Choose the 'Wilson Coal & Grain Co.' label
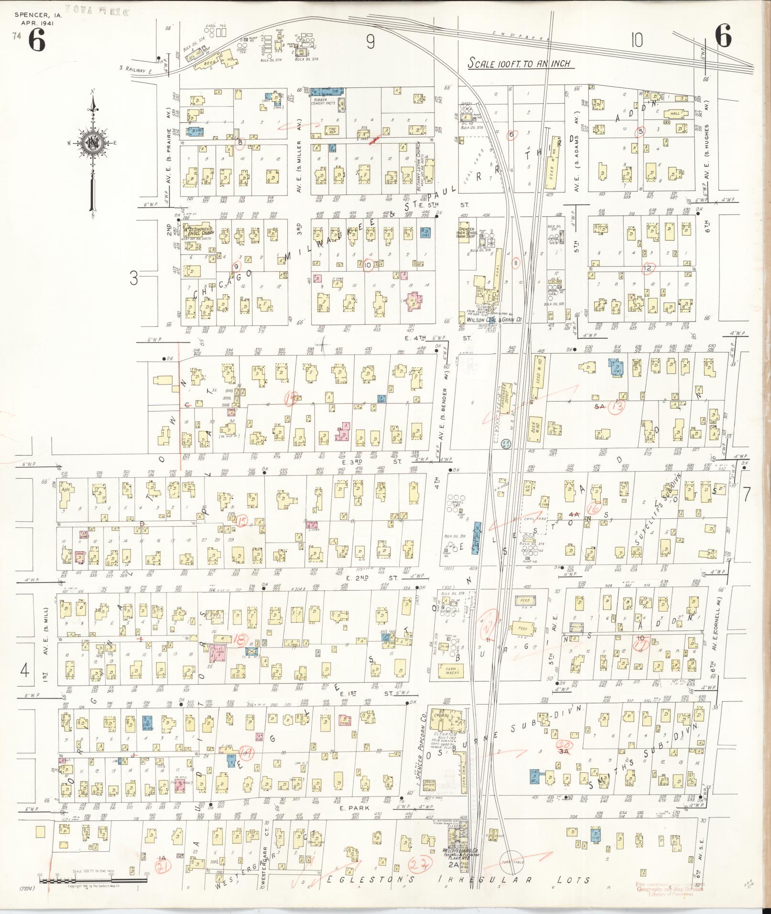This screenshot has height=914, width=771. click(494, 320)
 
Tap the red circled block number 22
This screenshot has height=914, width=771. click(419, 861)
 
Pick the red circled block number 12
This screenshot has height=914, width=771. click(648, 269)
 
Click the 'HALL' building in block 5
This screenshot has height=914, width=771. click(674, 114)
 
